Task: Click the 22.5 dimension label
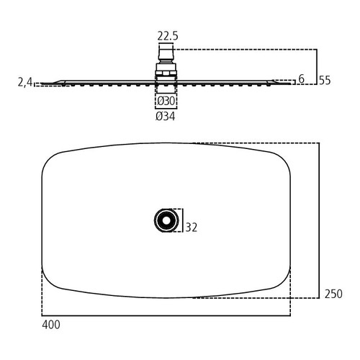coord(168,36)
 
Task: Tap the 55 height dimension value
coord(325,81)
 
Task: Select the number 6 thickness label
coord(301,78)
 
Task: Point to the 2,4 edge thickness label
coord(25,82)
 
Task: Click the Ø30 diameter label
coord(166,101)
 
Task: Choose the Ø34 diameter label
coord(166,117)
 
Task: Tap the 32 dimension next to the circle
coord(192,228)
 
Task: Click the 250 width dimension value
coord(333,294)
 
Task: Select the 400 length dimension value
coord(51,325)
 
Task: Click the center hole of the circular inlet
coord(166,220)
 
